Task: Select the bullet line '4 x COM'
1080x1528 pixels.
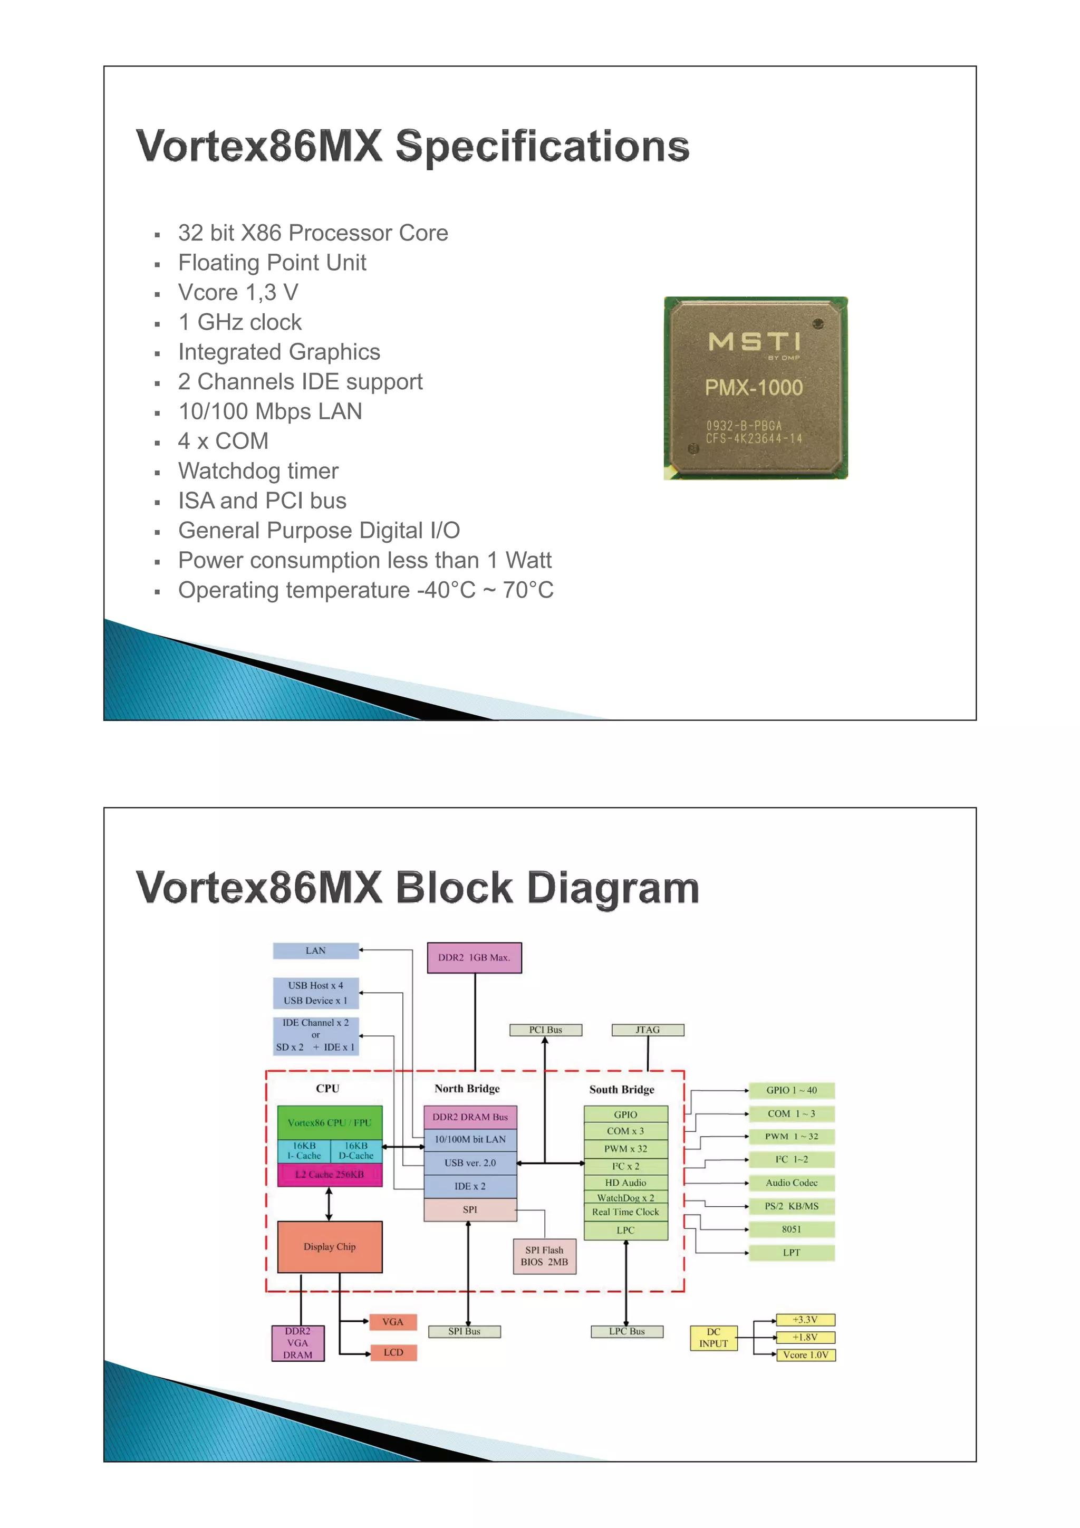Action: (x=223, y=441)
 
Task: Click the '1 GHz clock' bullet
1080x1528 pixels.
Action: (x=239, y=322)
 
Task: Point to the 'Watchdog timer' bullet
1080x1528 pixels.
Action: (x=258, y=471)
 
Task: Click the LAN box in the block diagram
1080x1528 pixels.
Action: (x=315, y=950)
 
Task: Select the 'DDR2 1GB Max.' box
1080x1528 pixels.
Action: (x=474, y=958)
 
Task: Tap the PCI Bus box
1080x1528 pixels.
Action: (x=546, y=1030)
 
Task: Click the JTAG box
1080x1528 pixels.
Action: (x=648, y=1030)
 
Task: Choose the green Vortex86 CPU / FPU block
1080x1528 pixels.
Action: (x=330, y=1123)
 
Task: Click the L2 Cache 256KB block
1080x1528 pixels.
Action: (x=330, y=1175)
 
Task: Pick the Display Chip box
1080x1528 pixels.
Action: (x=330, y=1246)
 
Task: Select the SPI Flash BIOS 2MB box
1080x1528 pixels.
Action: (x=544, y=1256)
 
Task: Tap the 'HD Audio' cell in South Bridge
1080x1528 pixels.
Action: (x=625, y=1183)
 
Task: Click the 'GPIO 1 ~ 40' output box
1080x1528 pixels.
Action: (x=791, y=1090)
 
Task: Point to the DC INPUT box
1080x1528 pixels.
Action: (x=713, y=1338)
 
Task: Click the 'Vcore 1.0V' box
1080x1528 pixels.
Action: (x=805, y=1355)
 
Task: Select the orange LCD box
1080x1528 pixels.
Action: (x=393, y=1352)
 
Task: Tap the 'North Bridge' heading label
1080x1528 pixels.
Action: (x=467, y=1089)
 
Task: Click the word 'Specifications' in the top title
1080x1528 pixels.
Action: (x=542, y=147)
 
